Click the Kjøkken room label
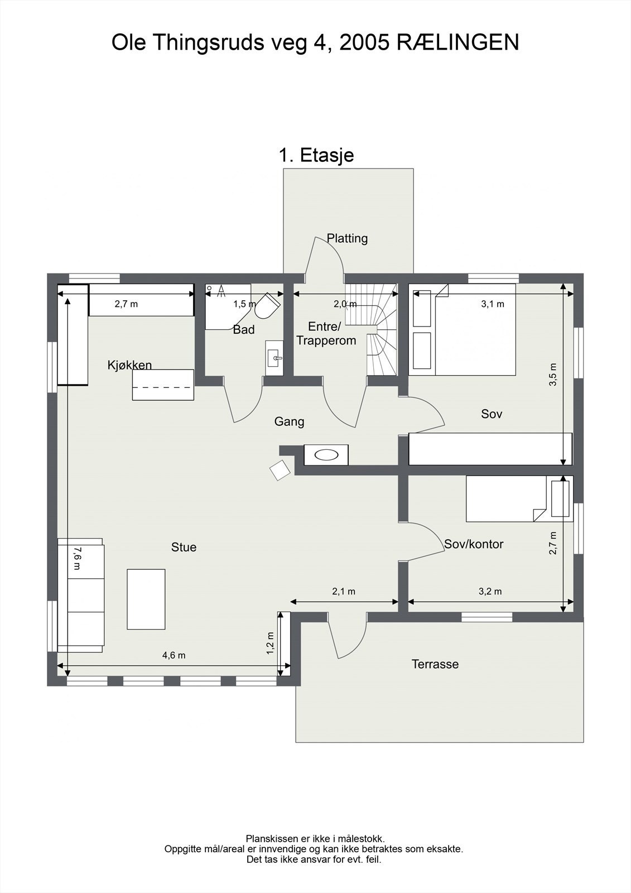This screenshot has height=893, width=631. point(129,365)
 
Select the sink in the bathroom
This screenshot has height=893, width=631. point(274,358)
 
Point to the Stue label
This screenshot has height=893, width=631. point(184,547)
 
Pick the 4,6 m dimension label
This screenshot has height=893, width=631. point(174,655)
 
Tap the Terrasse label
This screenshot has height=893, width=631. point(435,664)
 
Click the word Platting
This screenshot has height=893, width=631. point(347,238)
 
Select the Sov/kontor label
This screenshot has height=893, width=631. point(474,544)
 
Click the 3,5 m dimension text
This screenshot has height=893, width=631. point(553,375)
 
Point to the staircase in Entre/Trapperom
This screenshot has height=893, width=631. point(371,329)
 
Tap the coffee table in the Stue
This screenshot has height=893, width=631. point(146,599)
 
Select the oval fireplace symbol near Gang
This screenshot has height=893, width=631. point(326,455)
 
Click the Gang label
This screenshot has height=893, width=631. point(289,422)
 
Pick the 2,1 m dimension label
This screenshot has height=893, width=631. point(344,592)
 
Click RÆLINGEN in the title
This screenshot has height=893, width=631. point(457,42)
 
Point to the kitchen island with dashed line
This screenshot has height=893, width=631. point(163,385)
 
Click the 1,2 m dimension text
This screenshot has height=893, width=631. point(270,644)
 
